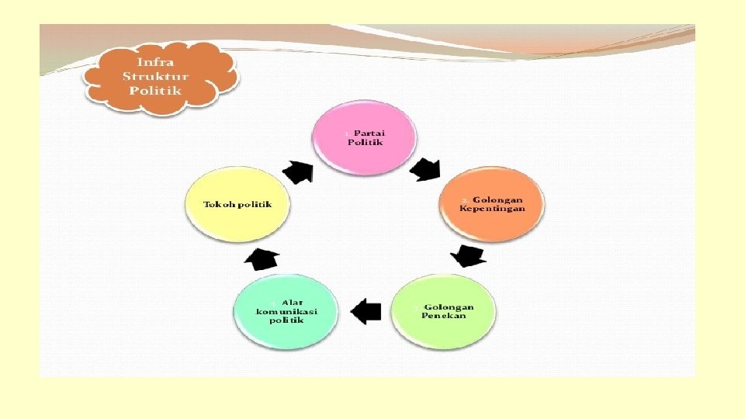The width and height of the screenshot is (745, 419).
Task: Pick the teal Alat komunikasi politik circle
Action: click(x=286, y=311)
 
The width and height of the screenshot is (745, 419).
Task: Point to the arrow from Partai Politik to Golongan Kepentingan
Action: click(x=425, y=169)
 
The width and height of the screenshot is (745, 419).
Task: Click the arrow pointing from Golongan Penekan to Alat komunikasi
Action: click(x=366, y=312)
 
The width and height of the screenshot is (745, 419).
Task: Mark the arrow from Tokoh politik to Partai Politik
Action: click(x=297, y=171)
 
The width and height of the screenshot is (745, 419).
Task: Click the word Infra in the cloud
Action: click(x=155, y=61)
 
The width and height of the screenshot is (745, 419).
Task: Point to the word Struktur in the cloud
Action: click(x=155, y=75)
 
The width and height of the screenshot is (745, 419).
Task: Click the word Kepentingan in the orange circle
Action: click(x=492, y=209)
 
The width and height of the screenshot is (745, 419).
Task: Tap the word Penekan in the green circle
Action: click(x=444, y=316)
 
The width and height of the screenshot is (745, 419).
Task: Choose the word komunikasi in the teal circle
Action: click(x=286, y=311)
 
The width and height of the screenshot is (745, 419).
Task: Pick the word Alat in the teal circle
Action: click(x=292, y=302)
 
